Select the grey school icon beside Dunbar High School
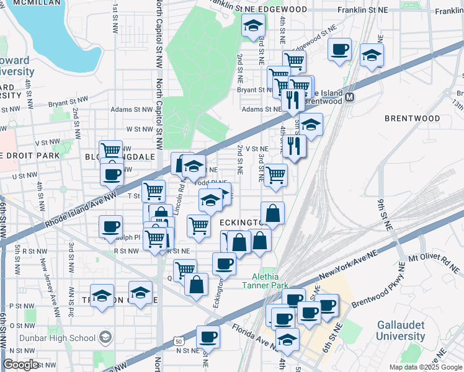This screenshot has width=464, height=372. tap(106, 338)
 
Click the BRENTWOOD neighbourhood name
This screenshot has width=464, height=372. tap(408, 117)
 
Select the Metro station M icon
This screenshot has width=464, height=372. tap(350, 97)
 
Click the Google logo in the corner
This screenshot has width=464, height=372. tap(21, 364)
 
